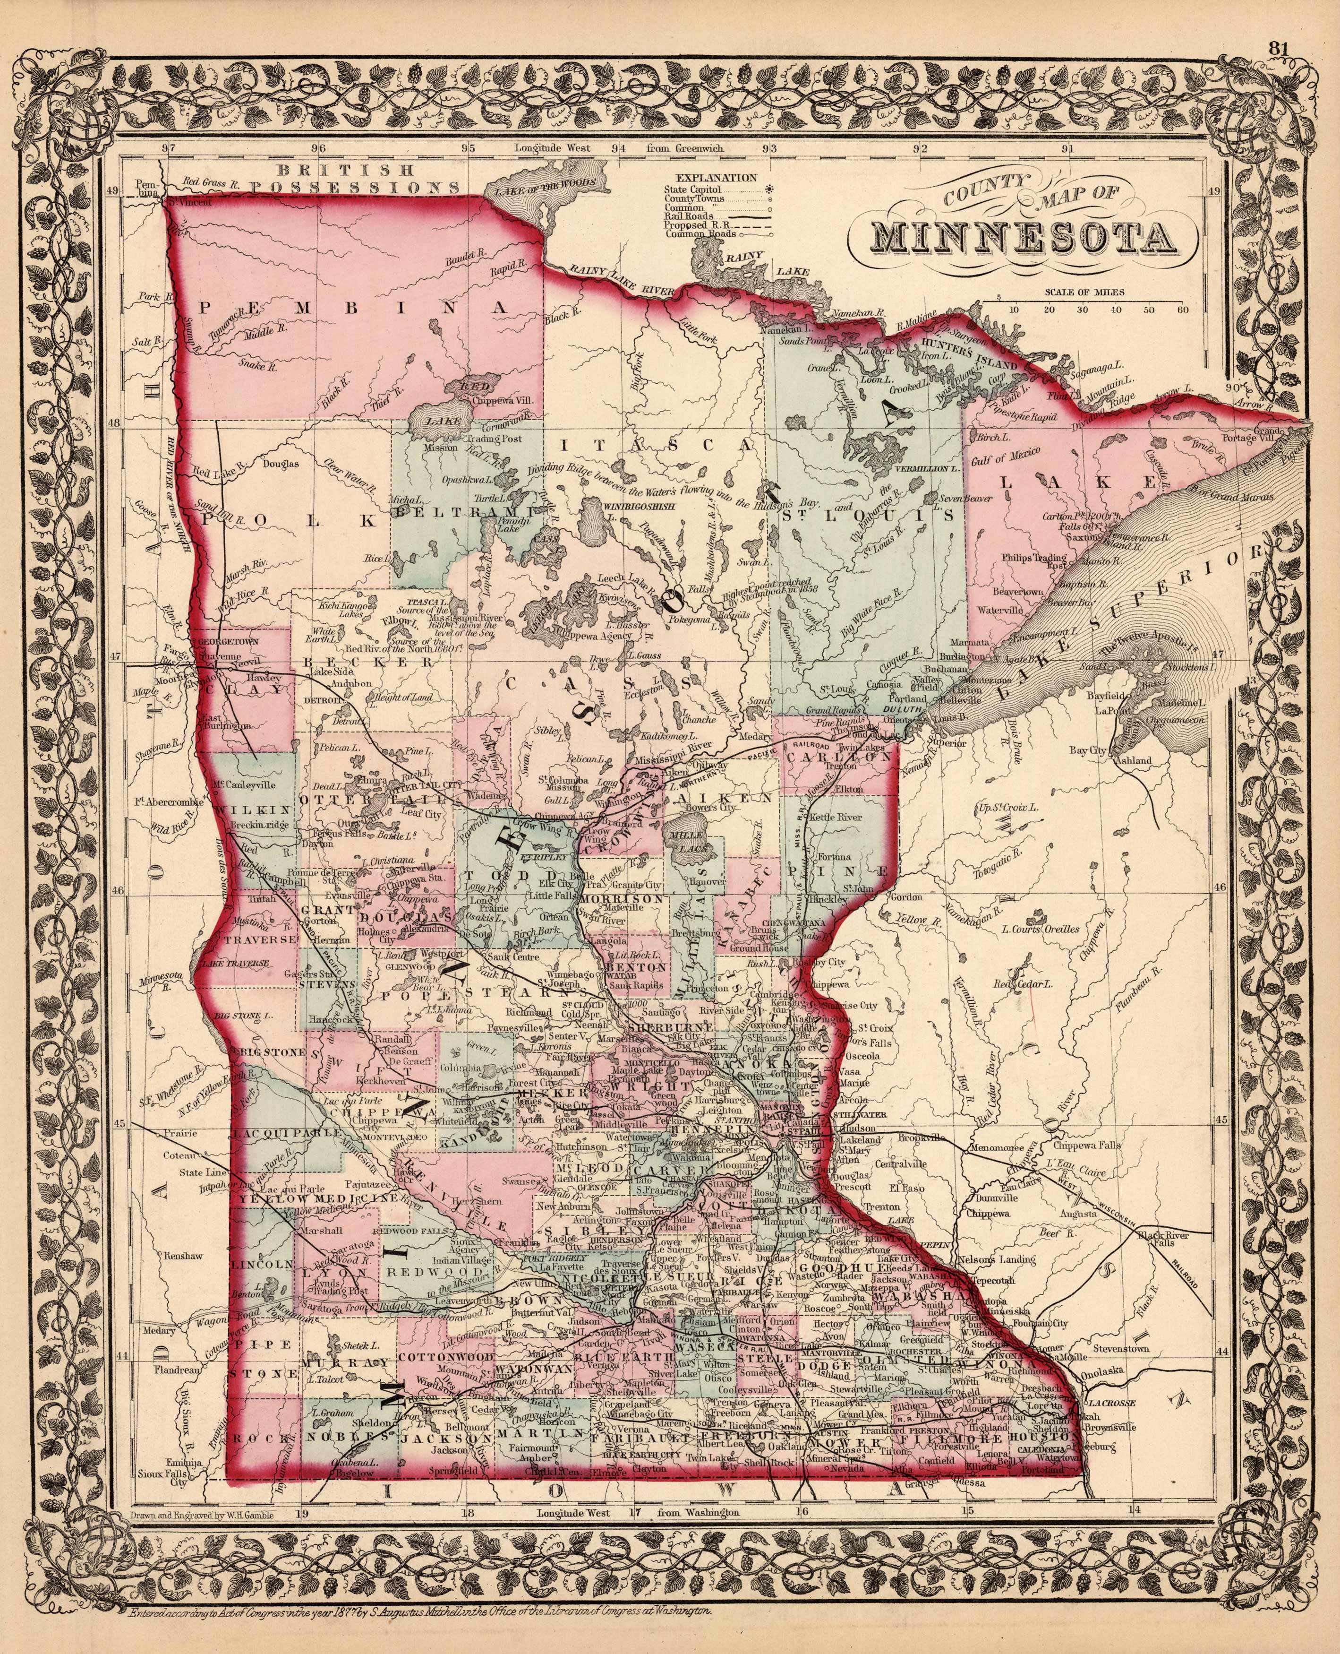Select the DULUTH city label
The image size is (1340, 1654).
[906, 707]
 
